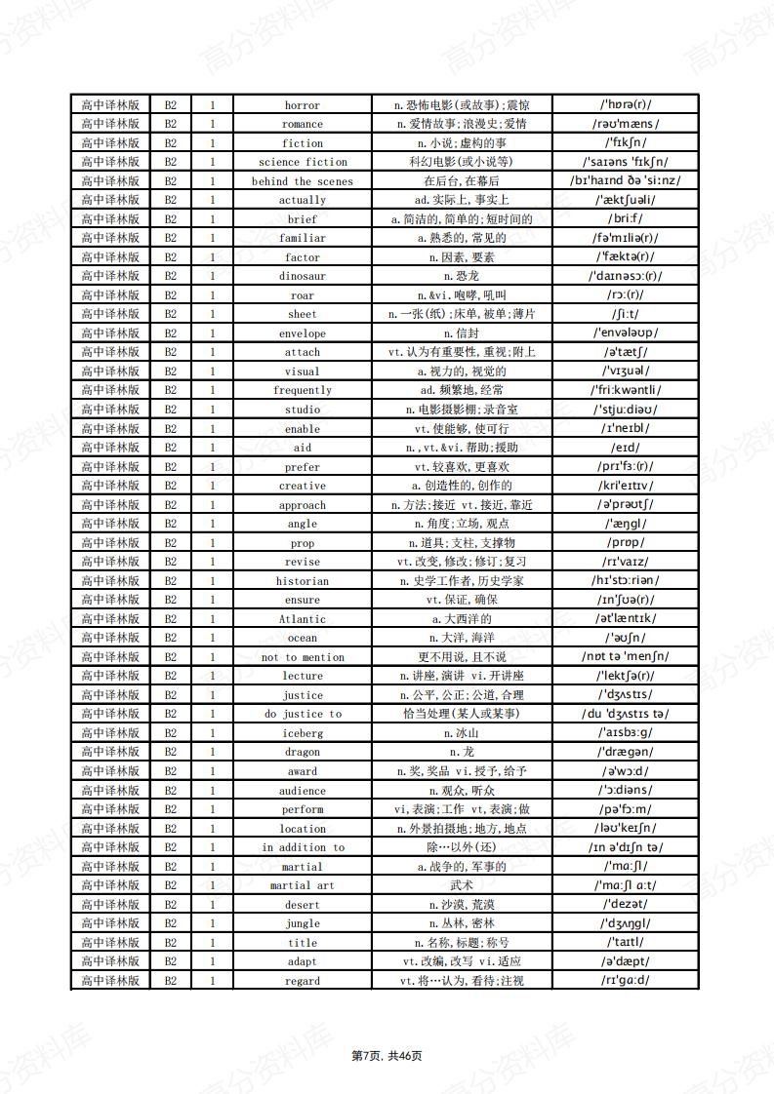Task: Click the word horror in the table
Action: [303, 105]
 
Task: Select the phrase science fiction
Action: [303, 162]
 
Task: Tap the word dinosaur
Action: [303, 276]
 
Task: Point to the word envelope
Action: [303, 333]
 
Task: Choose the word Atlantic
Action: [303, 619]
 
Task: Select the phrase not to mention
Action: [303, 657]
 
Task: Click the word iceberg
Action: [303, 733]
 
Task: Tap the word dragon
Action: [303, 753]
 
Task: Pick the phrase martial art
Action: [303, 885]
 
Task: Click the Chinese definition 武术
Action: [462, 885]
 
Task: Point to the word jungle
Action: [303, 923]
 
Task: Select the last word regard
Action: [303, 981]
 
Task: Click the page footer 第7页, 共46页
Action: [387, 1056]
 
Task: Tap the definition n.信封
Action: [462, 333]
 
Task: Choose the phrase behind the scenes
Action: [303, 181]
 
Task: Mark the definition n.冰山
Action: [462, 733]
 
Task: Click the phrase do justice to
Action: [303, 715]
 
